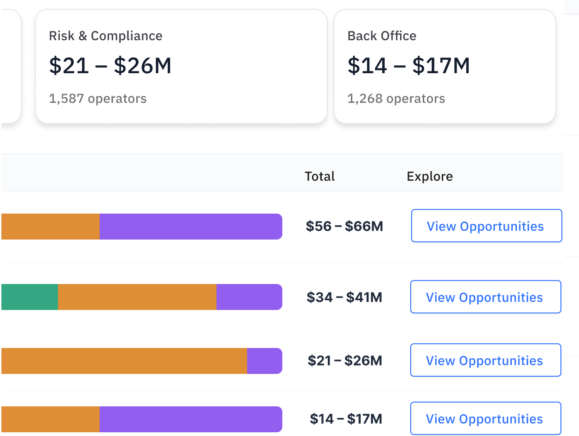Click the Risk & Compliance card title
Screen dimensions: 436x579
point(106,36)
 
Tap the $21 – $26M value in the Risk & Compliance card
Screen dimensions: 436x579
point(110,66)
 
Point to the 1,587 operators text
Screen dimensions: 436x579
point(98,99)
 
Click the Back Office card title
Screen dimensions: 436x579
point(382,36)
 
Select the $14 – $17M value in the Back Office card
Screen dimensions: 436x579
point(409,66)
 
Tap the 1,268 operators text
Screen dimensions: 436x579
point(396,99)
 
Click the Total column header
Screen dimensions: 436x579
point(320,177)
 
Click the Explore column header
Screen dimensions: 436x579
point(430,177)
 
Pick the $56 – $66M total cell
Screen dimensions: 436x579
point(344,227)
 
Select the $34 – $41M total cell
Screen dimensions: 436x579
point(344,297)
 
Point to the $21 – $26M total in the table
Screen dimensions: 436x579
point(345,360)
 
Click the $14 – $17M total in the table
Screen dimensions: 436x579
point(346,419)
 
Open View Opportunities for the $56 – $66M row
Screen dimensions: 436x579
point(486,226)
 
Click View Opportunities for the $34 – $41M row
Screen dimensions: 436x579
point(485,297)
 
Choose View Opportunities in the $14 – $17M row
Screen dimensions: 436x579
point(485,419)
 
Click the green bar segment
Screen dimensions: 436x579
point(30,297)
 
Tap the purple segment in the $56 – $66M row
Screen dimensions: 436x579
point(191,227)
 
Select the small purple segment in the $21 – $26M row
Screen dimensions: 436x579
point(264,361)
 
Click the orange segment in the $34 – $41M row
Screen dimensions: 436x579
point(137,297)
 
